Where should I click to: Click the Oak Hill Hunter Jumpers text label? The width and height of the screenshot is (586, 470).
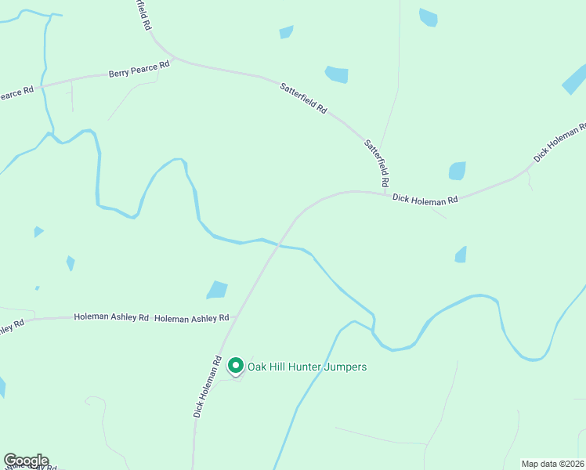[307, 367]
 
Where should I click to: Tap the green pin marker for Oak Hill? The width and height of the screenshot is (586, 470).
[234, 365]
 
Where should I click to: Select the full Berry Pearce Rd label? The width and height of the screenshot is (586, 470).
[139, 71]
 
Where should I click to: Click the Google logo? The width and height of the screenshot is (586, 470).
[26, 461]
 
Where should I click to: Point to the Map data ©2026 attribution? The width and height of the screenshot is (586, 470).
[553, 464]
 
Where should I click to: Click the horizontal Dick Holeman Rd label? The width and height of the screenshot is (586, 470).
[425, 201]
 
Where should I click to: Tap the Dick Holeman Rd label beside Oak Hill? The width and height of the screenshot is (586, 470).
[208, 388]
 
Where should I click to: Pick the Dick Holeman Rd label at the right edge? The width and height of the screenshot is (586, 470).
[560, 143]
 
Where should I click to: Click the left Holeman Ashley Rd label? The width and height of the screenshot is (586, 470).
[111, 317]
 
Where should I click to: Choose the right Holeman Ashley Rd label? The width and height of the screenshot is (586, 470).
[191, 318]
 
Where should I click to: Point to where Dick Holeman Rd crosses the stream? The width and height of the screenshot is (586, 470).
[277, 246]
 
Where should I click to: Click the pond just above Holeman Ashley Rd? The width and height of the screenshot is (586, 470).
[217, 290]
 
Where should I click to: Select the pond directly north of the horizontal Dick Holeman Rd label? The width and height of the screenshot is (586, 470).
[457, 171]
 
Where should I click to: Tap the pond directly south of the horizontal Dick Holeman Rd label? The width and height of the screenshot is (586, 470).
[461, 255]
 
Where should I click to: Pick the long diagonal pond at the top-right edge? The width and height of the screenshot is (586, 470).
[574, 79]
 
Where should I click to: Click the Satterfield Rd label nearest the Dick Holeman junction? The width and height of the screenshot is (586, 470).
[377, 163]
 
